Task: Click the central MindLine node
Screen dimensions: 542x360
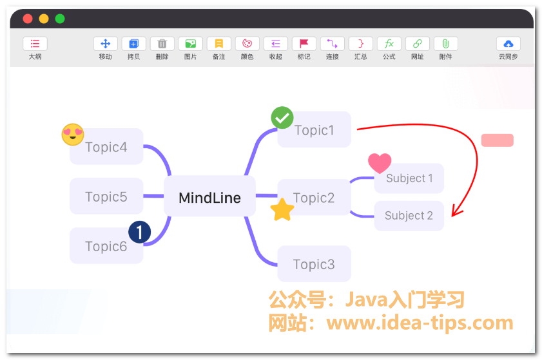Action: point(209,198)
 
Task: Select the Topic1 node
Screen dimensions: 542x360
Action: point(315,130)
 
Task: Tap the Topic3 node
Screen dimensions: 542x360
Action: point(314,264)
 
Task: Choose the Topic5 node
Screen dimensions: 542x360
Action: point(106,196)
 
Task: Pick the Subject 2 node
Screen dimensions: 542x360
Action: point(409,216)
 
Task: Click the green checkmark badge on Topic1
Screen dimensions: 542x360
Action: point(282,118)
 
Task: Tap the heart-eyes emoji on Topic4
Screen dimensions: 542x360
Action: point(73,135)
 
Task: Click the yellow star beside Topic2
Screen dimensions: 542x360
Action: point(282,210)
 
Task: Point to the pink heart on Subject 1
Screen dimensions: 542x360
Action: point(380,163)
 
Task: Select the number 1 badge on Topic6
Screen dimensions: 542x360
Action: point(140,232)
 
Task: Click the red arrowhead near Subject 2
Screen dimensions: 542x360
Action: point(455,211)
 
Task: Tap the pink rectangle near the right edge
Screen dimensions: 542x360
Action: point(497,140)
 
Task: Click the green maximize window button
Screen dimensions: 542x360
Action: point(60,19)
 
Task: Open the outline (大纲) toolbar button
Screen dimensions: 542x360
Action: point(35,44)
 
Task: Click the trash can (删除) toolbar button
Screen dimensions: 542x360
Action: point(162,44)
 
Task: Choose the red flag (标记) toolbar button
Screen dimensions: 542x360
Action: point(304,44)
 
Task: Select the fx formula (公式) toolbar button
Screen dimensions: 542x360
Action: point(389,44)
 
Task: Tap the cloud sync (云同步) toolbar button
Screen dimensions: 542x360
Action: point(508,44)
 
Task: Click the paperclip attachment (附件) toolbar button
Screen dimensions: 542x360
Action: point(445,44)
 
